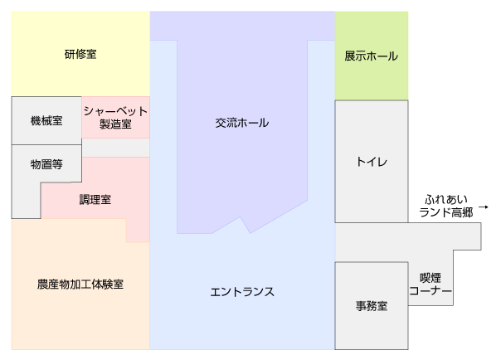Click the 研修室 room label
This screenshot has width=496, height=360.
pyautogui.click(x=80, y=54)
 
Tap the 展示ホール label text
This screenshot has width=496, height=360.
pyautogui.click(x=371, y=56)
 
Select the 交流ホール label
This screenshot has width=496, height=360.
pyautogui.click(x=242, y=123)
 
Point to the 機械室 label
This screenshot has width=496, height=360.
pyautogui.click(x=46, y=120)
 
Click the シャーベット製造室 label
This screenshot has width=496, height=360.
pyautogui.click(x=115, y=117)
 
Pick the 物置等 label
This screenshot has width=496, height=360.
pyautogui.click(x=46, y=164)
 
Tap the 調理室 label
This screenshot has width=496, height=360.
pyautogui.click(x=95, y=200)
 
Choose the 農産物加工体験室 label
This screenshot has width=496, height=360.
pyautogui.click(x=80, y=284)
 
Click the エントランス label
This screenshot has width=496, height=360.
pyautogui.click(x=242, y=292)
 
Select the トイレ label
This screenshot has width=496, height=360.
pyautogui.click(x=372, y=162)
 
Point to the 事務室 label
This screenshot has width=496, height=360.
pyautogui.click(x=372, y=306)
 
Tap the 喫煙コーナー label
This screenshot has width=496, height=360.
pyautogui.click(x=430, y=284)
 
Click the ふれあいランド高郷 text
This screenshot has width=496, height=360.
pyautogui.click(x=445, y=206)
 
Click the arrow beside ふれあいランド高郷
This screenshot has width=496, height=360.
pyautogui.click(x=484, y=207)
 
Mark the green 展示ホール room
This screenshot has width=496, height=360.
pyautogui.click(x=372, y=56)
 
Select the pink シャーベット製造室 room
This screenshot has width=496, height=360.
pyautogui.click(x=115, y=117)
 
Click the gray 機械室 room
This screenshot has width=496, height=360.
pyautogui.click(x=46, y=120)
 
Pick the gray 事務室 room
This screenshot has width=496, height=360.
pyautogui.click(x=372, y=305)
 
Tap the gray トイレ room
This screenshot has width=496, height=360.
pyautogui.click(x=372, y=161)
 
